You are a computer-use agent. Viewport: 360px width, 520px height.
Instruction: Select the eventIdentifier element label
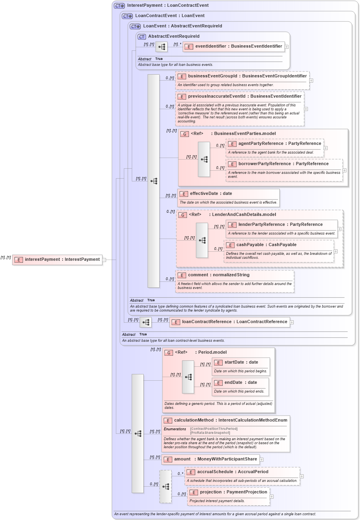pyautogui.click(x=238, y=46)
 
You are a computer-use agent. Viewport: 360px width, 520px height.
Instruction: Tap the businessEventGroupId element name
pyautogui.click(x=247, y=76)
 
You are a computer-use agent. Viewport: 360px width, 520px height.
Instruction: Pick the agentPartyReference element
pyautogui.click(x=279, y=143)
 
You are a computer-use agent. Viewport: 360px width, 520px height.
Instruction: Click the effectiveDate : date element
pyautogui.click(x=211, y=194)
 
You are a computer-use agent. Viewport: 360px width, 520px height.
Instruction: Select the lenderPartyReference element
pyautogui.click(x=280, y=224)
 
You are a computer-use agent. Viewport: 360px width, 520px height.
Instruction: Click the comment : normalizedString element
pyautogui.click(x=218, y=275)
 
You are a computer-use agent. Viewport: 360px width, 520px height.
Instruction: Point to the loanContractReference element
pyautogui.click(x=234, y=322)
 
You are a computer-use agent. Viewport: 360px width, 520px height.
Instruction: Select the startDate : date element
pyautogui.click(x=241, y=362)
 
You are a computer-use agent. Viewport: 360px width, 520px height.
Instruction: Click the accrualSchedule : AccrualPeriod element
pyautogui.click(x=233, y=472)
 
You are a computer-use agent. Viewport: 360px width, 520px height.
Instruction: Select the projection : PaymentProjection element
pyautogui.click(x=233, y=492)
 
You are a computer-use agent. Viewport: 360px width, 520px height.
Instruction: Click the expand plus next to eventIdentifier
pyautogui.click(x=287, y=46)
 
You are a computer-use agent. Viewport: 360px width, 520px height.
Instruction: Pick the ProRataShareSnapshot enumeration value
pyautogui.click(x=210, y=433)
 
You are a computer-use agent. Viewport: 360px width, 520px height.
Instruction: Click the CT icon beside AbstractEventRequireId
pyautogui.click(x=142, y=37)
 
